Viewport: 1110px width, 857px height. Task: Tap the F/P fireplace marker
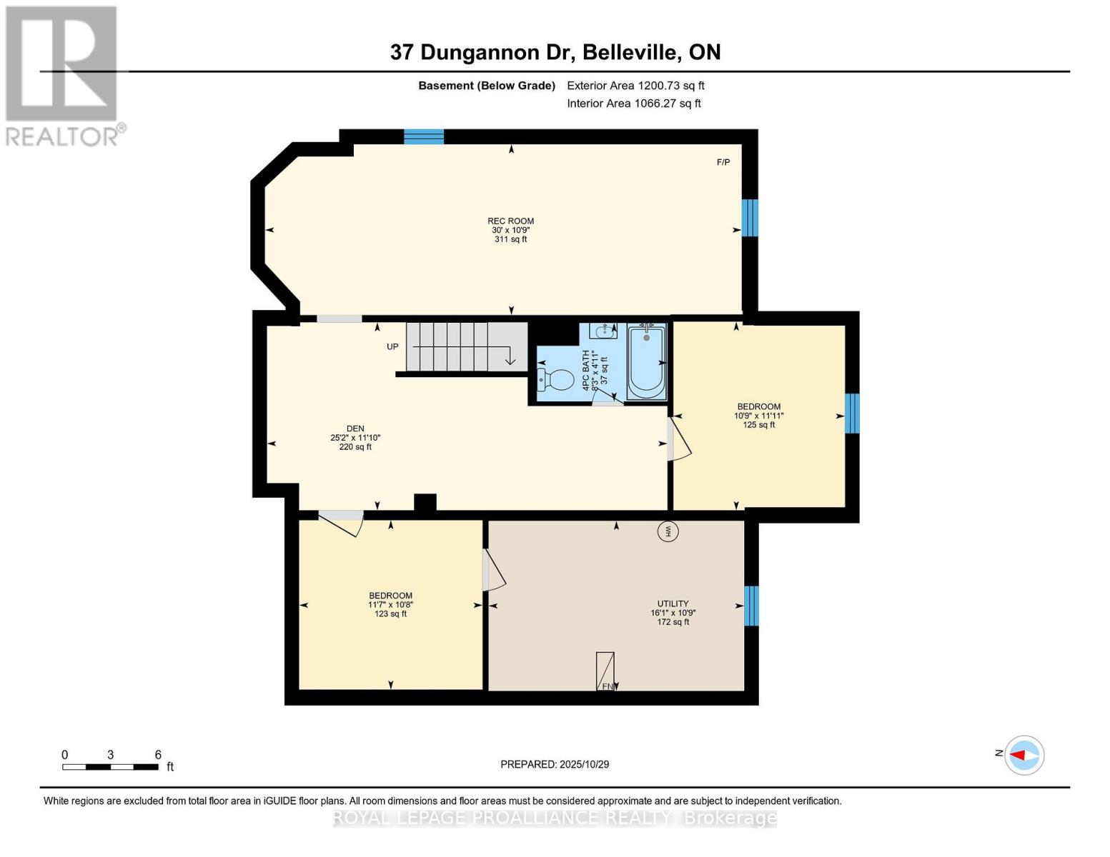(723, 162)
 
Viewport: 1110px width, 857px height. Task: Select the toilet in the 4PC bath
(557, 379)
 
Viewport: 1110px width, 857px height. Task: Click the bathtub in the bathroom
(646, 361)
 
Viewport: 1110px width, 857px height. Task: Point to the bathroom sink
(604, 331)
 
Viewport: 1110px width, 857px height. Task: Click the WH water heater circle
(668, 531)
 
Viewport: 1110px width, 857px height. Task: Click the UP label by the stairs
(392, 347)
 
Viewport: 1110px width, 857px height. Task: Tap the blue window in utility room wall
(751, 606)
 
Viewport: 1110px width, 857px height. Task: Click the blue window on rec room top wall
(424, 136)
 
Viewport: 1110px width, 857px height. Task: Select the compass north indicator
(1024, 755)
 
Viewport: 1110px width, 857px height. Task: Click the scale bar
(110, 767)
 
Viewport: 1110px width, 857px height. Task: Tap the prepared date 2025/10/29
(555, 764)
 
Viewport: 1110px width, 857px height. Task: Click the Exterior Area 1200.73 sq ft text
(635, 86)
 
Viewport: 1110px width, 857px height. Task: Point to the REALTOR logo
(63, 76)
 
